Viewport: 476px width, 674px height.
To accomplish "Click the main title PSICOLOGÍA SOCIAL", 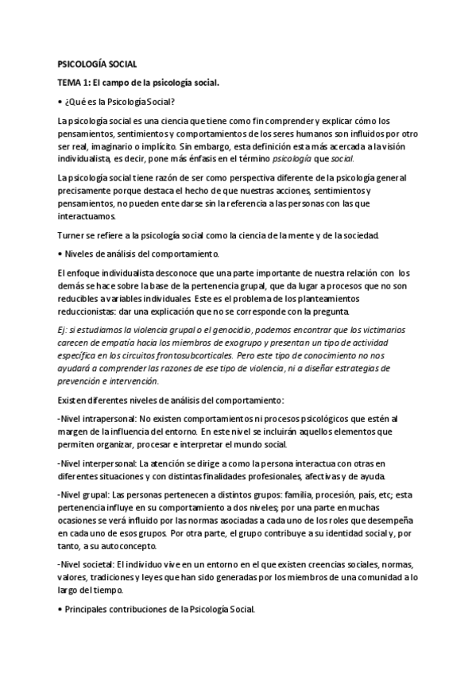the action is (x=97, y=63).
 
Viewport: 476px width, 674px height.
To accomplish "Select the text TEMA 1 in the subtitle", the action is (x=74, y=82).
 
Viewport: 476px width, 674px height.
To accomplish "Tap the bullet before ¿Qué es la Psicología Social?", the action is (x=60, y=101).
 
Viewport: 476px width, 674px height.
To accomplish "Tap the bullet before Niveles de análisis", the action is (x=60, y=254).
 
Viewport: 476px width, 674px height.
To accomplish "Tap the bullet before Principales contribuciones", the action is (x=60, y=610).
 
